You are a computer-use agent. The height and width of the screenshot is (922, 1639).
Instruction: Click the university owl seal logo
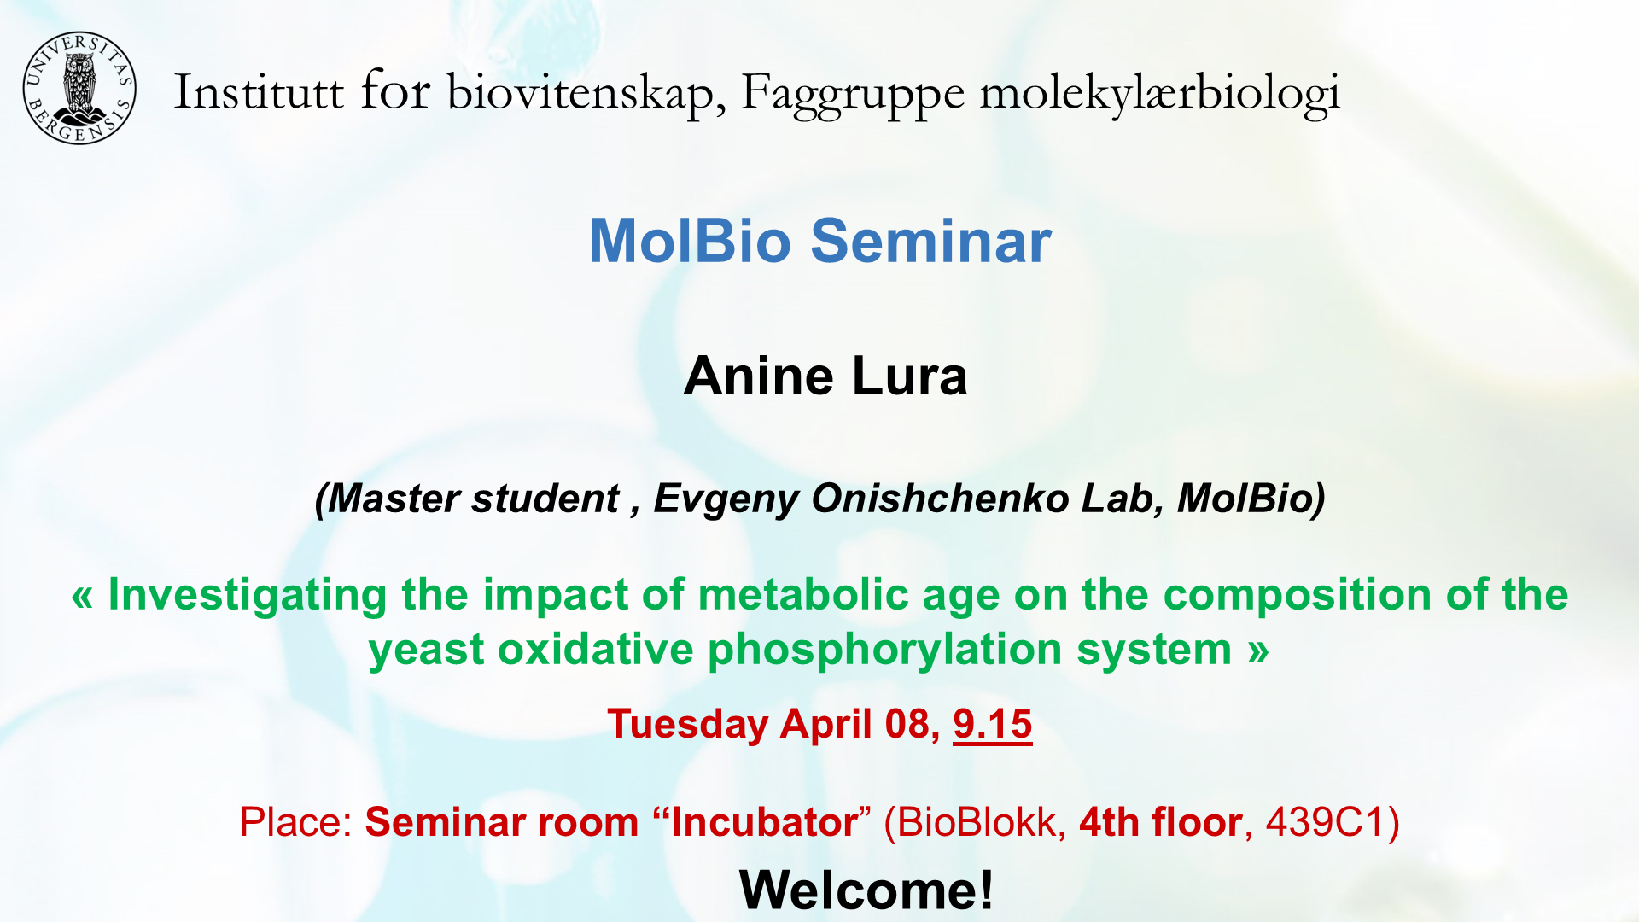coord(79,88)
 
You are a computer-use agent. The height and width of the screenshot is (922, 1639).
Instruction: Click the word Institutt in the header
coord(259,91)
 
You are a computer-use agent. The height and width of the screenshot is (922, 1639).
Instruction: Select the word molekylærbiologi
coord(1159,95)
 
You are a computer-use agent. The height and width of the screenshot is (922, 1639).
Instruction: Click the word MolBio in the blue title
coord(690,241)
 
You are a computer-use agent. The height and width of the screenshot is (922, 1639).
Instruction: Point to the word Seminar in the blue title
coord(930,241)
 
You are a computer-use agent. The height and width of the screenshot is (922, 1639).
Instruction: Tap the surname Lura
coord(910,376)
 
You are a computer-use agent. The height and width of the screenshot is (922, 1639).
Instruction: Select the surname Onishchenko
coord(940,499)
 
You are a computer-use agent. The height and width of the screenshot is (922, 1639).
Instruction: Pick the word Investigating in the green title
coord(248,596)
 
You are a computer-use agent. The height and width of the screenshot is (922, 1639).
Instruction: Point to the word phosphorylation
coord(885,651)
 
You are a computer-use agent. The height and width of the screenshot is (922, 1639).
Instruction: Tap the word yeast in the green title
coord(426,651)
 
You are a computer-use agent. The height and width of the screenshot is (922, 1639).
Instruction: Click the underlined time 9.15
coord(993,725)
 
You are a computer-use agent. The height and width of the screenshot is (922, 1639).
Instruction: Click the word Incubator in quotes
coord(765,822)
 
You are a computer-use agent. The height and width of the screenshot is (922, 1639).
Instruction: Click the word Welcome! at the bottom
coord(866,890)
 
